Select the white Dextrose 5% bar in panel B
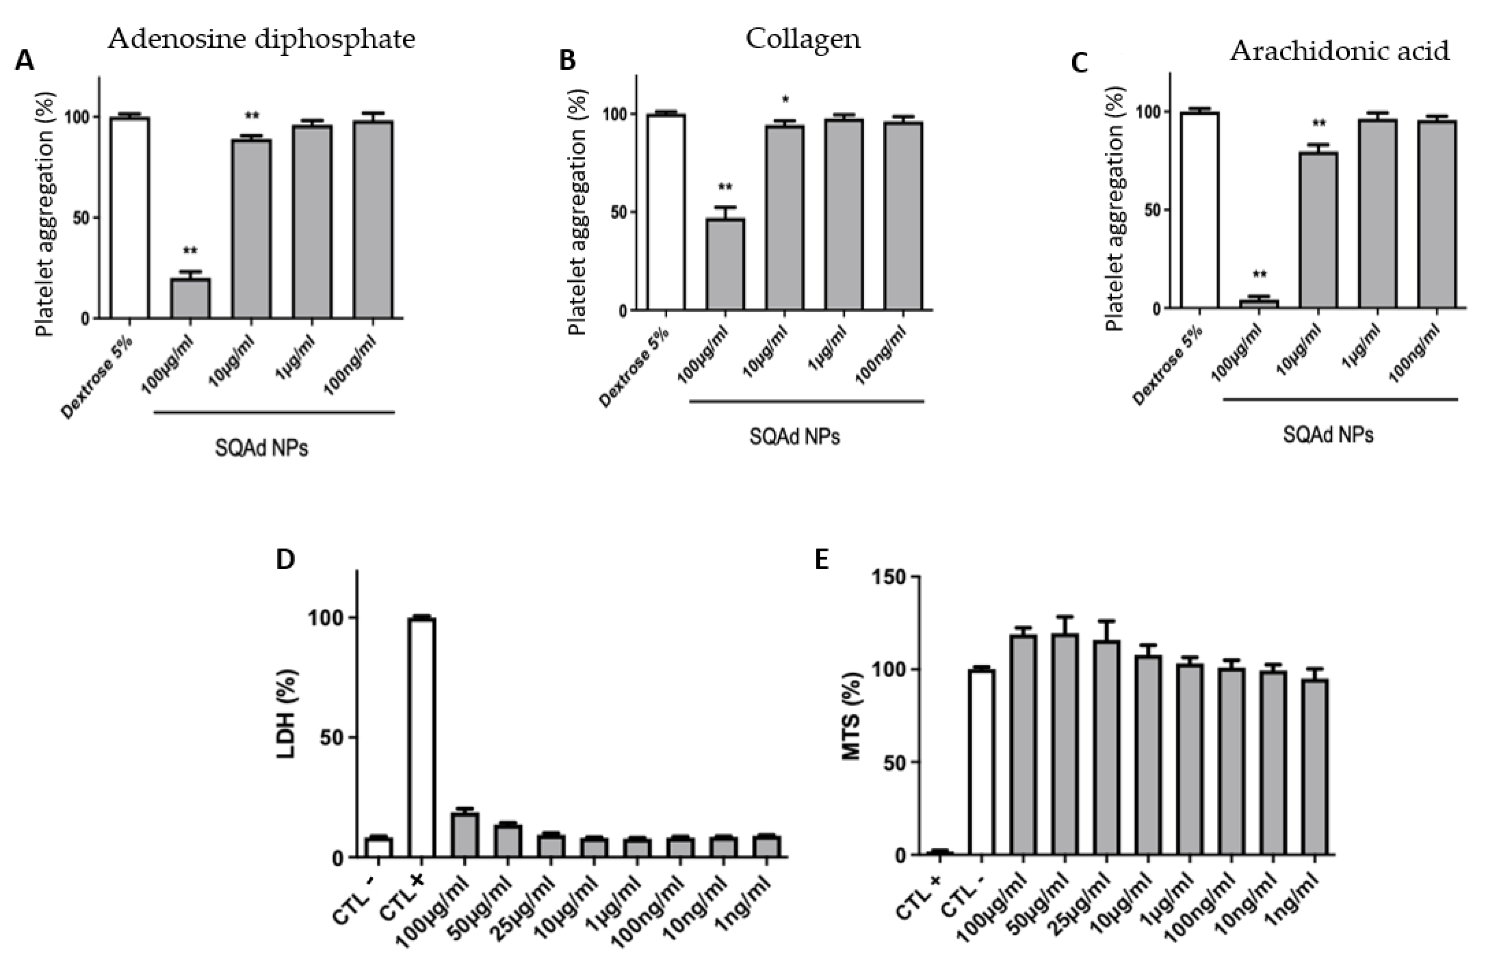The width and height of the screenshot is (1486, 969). coord(666,212)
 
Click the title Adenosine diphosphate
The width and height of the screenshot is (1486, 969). coord(261,39)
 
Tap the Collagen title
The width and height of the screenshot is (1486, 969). coord(803,39)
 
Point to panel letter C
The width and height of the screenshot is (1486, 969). coord(1079,63)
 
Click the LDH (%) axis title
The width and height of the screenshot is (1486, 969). coord(287,713)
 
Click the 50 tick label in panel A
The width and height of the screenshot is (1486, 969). coord(80,218)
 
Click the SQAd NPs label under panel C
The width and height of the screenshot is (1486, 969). coord(1328,434)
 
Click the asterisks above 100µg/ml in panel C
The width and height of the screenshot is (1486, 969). coord(1258,275)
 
